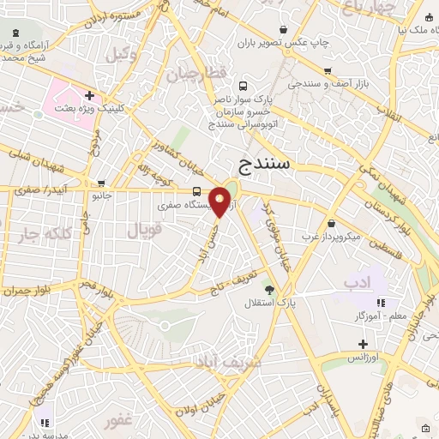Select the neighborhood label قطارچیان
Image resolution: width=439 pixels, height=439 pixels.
click(203, 74)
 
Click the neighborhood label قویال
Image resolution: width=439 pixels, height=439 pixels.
click(144, 230)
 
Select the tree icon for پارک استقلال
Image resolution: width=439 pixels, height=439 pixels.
click(269, 290)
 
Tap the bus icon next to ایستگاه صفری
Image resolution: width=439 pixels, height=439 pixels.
click(197, 191)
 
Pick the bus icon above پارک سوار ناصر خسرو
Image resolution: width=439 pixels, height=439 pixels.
click(244, 86)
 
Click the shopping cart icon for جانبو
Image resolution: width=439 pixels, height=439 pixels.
click(101, 183)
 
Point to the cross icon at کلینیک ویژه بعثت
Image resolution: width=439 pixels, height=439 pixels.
click(89, 96)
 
